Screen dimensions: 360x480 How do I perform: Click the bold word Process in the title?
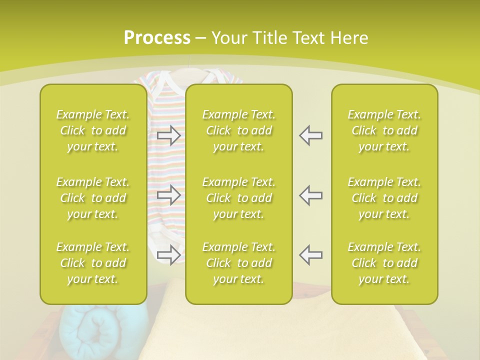coord(157,38)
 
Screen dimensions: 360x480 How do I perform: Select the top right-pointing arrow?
coord(169,135)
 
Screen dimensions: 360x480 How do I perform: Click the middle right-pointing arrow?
coord(169,195)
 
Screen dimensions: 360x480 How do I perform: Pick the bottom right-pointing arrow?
coord(169,255)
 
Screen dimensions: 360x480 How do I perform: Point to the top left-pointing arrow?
coord(311,135)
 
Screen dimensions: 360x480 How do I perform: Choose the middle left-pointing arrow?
coord(311,195)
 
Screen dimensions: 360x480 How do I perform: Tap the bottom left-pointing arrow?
coord(311,255)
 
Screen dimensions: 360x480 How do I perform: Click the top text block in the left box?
coord(93,130)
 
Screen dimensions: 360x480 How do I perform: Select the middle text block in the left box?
coord(93,198)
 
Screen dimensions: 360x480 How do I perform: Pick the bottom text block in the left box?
coord(93,263)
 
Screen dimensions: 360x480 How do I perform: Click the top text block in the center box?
coord(239,130)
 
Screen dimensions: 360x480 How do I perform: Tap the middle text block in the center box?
coord(239,198)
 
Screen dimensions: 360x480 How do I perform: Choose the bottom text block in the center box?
coord(239,263)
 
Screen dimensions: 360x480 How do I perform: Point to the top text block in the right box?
coord(384,130)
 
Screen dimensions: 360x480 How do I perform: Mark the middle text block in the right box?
coord(384,198)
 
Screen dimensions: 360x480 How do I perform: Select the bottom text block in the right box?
coord(384,263)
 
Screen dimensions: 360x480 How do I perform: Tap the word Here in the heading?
coord(348,38)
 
